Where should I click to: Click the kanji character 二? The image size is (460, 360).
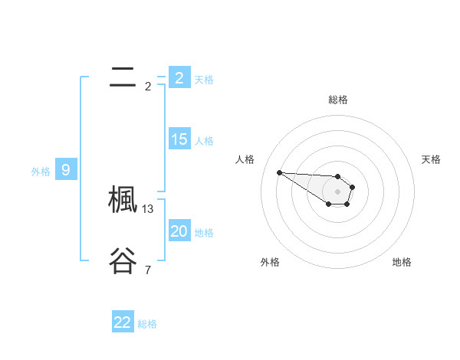123,77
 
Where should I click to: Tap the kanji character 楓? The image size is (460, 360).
123,201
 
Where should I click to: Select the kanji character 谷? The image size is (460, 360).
123,260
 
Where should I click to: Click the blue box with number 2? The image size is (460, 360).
179,78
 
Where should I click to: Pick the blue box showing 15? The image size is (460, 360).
179,139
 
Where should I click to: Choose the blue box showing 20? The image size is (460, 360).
179,231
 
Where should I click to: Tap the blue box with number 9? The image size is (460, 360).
65,170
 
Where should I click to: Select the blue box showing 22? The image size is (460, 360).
123,322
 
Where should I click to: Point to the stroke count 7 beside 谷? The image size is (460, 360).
147,270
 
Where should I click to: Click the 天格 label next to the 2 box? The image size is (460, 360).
204,79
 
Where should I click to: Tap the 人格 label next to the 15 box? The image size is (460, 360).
204,140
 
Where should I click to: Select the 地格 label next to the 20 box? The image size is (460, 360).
204,232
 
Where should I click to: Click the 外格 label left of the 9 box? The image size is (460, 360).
41,171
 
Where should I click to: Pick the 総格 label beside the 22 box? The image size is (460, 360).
147,324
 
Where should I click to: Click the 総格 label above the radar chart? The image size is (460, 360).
338,100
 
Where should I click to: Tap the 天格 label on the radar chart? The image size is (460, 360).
431,159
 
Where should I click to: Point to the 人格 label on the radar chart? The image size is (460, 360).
245,159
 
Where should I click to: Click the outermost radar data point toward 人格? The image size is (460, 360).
279,172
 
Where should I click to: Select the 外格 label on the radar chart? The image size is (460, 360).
270,262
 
